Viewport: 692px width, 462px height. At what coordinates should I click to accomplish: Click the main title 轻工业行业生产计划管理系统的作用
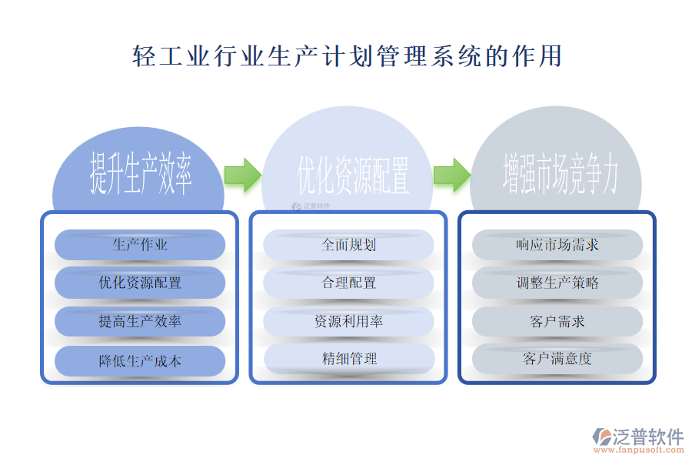click(347, 56)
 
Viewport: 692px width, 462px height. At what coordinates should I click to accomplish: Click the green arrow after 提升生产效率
click(243, 175)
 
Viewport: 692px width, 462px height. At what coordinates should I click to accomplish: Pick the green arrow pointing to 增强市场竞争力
click(451, 175)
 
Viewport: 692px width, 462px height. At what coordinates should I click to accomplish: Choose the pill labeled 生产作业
click(140, 245)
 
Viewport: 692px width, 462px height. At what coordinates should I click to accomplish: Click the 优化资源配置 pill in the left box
click(140, 283)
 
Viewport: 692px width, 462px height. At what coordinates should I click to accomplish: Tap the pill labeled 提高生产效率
click(140, 321)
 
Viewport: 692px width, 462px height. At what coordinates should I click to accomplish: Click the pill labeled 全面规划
click(349, 245)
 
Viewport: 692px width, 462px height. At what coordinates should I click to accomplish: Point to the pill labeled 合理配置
click(349, 283)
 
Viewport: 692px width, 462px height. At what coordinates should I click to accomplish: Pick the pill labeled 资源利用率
click(349, 321)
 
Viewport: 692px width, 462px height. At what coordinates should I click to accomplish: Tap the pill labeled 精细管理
click(349, 358)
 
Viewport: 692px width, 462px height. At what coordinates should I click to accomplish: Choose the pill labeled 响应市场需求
click(557, 245)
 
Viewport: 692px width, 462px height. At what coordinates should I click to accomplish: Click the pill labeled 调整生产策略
click(557, 283)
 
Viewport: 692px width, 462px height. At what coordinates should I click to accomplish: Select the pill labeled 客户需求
click(557, 321)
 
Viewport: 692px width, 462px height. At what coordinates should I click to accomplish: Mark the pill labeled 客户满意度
click(557, 358)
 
